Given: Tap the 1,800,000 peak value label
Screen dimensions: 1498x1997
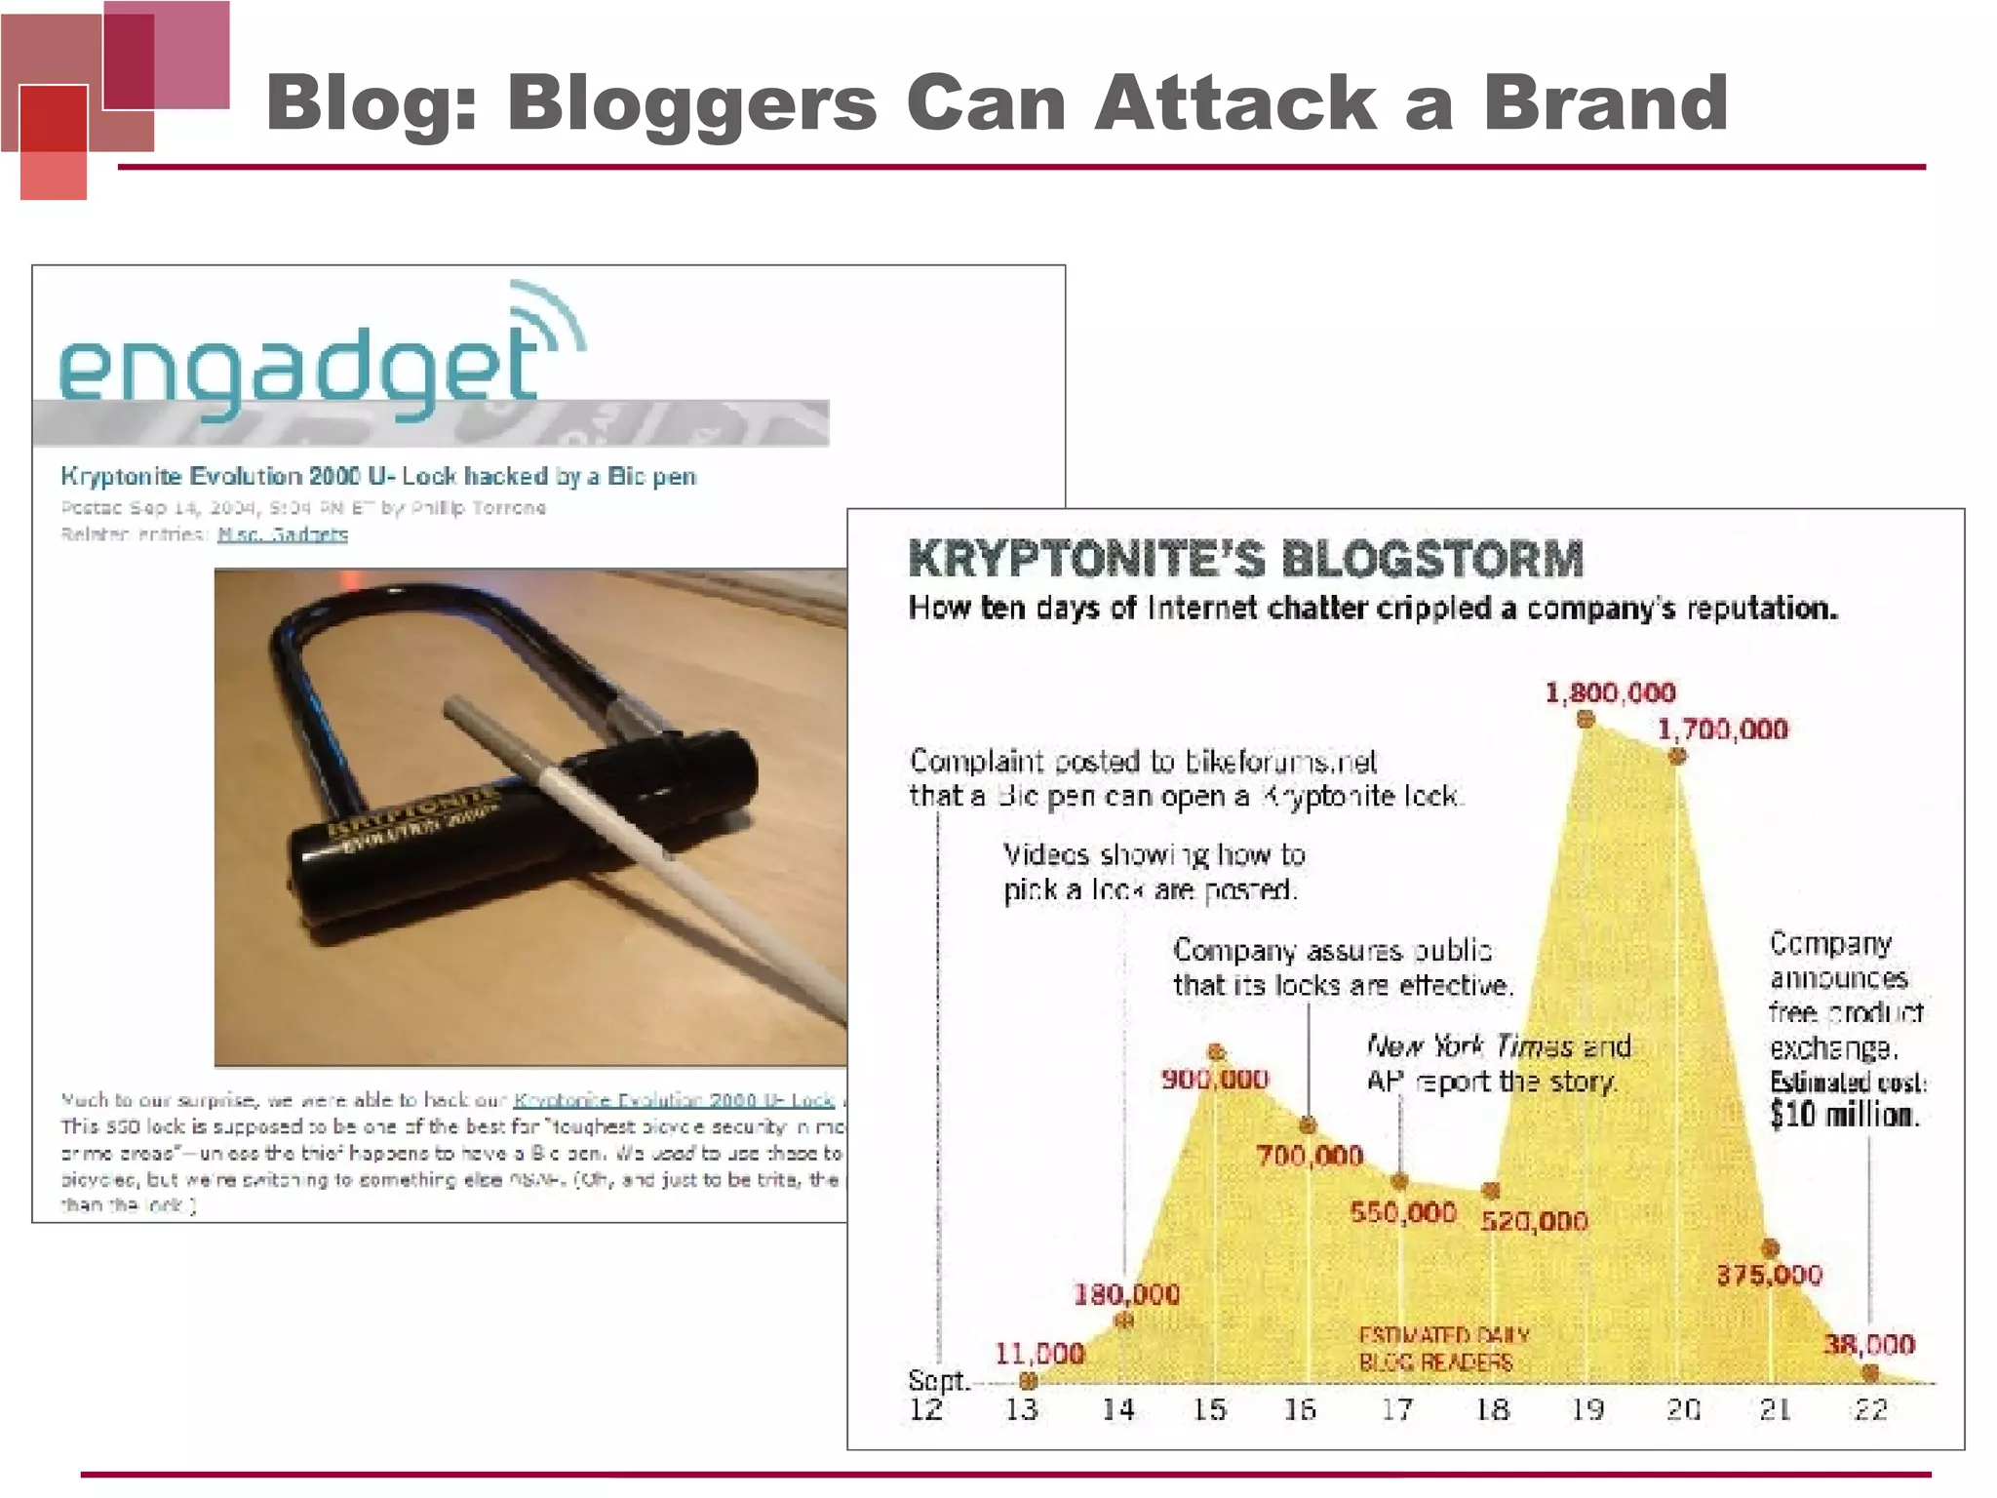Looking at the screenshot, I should click(x=1610, y=693).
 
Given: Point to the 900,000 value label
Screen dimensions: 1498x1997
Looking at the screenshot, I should click(x=1215, y=1080).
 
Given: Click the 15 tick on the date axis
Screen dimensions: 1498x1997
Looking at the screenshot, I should click(x=1210, y=1409).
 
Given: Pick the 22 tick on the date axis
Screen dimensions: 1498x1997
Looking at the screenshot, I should click(x=1870, y=1409).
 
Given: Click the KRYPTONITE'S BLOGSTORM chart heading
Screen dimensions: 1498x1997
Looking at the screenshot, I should click(x=1245, y=559).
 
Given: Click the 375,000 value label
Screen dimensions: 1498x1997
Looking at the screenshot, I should click(x=1769, y=1276).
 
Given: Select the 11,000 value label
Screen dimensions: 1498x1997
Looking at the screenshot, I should click(x=1039, y=1354).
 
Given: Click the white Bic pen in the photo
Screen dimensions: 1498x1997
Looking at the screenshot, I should click(x=644, y=839).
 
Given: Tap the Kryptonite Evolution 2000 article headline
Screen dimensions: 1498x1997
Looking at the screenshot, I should click(x=378, y=477).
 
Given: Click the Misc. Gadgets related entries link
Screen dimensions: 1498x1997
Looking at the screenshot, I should click(x=283, y=534).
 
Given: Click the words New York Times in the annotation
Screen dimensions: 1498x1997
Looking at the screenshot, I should click(x=1469, y=1047).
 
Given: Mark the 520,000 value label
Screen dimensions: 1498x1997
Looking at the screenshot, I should click(x=1534, y=1221).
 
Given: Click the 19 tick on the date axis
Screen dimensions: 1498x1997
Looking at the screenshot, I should click(x=1587, y=1409).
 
